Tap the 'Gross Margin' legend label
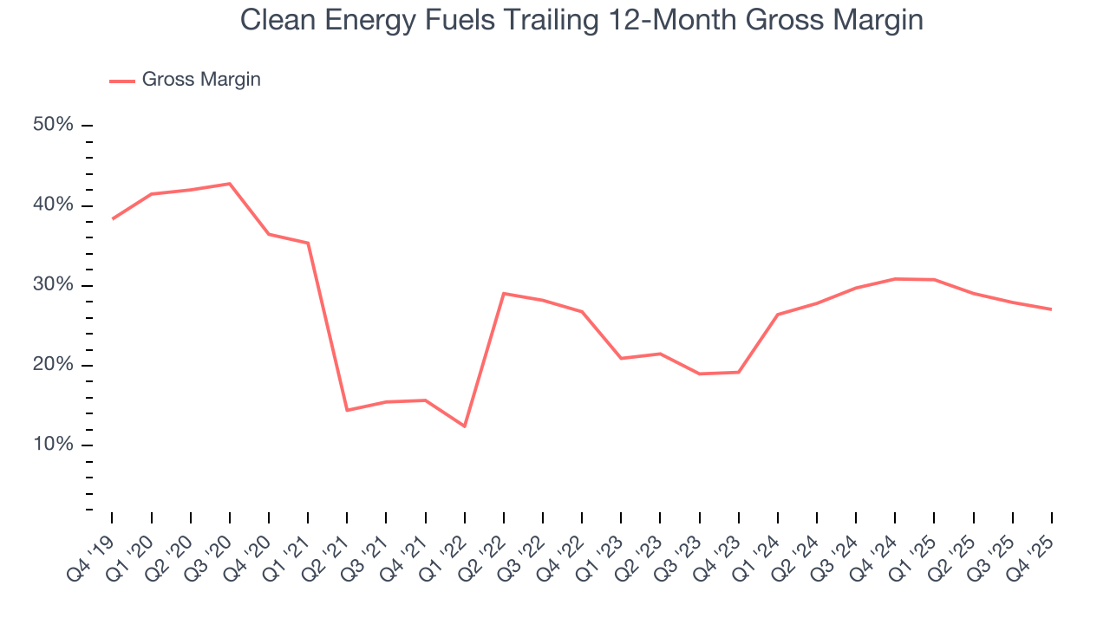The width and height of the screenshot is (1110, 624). click(x=201, y=80)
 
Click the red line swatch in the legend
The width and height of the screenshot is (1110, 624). click(x=121, y=81)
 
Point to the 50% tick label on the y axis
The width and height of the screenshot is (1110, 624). click(x=53, y=125)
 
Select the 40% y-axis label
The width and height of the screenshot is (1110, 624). click(x=53, y=205)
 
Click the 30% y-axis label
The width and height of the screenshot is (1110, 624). click(x=53, y=285)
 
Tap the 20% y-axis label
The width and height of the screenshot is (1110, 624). click(x=53, y=365)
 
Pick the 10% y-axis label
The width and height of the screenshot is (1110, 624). click(x=53, y=445)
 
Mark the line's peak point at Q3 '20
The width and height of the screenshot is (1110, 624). click(x=230, y=184)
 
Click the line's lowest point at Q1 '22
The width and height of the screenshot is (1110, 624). click(x=465, y=426)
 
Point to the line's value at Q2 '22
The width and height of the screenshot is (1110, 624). click(x=504, y=294)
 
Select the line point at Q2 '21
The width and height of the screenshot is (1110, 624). click(x=347, y=410)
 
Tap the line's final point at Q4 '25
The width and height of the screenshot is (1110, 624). click(x=1051, y=309)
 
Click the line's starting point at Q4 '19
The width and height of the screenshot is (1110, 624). click(x=113, y=218)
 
